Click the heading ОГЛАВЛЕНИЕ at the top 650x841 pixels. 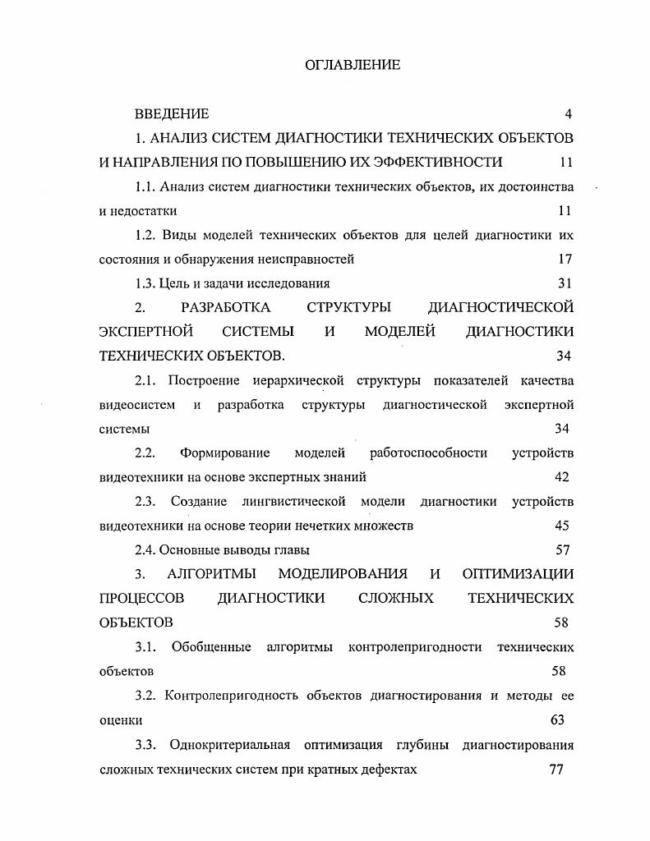click(352, 64)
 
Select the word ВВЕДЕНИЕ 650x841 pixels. click(172, 114)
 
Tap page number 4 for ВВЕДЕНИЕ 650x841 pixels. click(568, 114)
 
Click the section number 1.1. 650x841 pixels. click(145, 186)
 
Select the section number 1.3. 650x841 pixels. click(145, 283)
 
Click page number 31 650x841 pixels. click(564, 283)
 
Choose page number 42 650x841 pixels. click(562, 477)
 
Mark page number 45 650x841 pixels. click(562, 526)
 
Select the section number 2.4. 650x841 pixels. click(145, 549)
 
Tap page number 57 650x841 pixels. click(562, 549)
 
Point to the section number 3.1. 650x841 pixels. click(146, 646)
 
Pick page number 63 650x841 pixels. click(557, 719)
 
